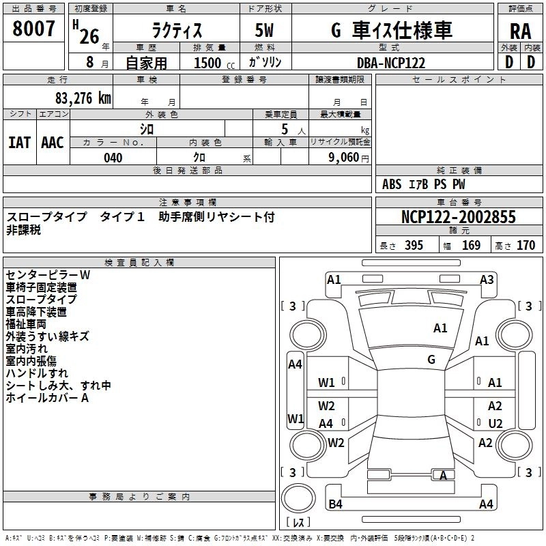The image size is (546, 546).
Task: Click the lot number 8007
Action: (x=34, y=29)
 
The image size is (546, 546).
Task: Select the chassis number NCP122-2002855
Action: (x=459, y=217)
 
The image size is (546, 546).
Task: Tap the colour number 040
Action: (x=113, y=158)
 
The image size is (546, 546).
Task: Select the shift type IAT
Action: (x=19, y=143)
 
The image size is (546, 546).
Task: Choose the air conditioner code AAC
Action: (x=52, y=143)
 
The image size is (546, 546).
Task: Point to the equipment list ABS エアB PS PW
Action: (x=424, y=184)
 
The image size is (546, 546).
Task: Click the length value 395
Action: (x=414, y=246)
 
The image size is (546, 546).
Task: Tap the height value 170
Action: (x=526, y=246)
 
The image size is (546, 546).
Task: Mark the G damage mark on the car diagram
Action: (x=431, y=360)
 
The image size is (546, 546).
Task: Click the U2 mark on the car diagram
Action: (x=495, y=423)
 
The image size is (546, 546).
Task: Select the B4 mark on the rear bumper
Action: (x=335, y=504)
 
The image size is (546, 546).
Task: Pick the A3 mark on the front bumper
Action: (x=487, y=279)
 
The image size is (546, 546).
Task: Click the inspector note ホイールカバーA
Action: (x=47, y=398)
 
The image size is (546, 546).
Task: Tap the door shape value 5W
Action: (x=265, y=31)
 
